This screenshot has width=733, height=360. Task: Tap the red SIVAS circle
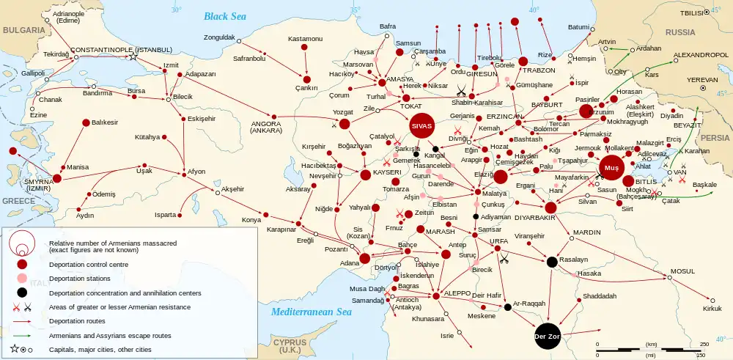coord(422,126)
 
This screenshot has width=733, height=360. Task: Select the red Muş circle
coord(611,168)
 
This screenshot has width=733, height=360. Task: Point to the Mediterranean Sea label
coord(311,312)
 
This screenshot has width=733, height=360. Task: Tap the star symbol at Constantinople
coord(133,57)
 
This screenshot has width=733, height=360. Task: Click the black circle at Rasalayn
coord(552,262)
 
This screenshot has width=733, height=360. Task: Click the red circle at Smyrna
coord(57,177)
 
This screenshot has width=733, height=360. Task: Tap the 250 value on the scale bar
coord(704,344)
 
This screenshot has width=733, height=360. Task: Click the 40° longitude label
coord(534,10)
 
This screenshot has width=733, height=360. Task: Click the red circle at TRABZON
coord(523,61)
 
